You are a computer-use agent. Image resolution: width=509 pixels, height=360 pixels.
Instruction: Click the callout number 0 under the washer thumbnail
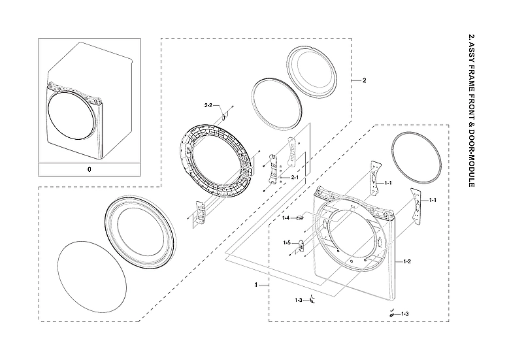(90, 169)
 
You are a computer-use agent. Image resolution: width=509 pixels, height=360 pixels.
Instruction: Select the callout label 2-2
(209, 105)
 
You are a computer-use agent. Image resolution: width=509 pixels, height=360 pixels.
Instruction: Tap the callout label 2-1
(293, 177)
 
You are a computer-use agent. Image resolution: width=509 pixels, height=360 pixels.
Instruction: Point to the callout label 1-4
(286, 218)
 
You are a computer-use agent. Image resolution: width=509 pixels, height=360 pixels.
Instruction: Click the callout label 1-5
(286, 242)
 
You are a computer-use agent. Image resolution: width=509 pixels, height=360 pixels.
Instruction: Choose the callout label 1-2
(406, 261)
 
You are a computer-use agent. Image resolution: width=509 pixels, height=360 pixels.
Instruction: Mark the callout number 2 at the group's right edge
(364, 80)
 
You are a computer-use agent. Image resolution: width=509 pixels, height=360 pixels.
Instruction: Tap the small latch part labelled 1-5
(301, 246)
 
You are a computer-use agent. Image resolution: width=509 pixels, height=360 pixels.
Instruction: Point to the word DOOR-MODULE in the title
(471, 154)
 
